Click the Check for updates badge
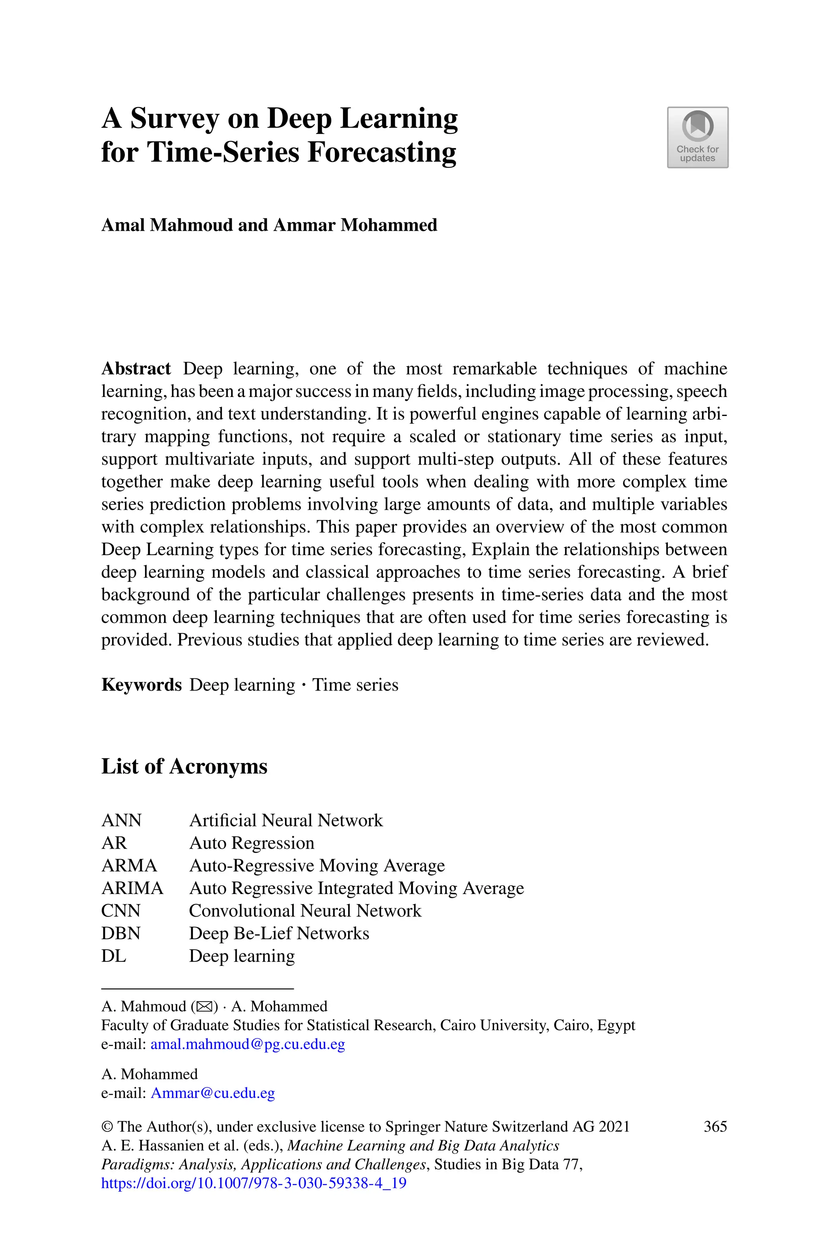pyautogui.click(x=697, y=137)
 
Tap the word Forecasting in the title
pyautogui.click(x=381, y=152)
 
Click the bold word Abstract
pyautogui.click(x=136, y=369)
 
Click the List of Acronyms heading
pyautogui.click(x=184, y=766)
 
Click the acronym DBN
pyautogui.click(x=121, y=933)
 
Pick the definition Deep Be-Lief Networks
pyautogui.click(x=279, y=933)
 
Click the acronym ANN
pyautogui.click(x=121, y=820)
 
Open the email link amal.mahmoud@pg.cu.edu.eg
pyautogui.click(x=248, y=1044)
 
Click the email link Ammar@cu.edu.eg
pyautogui.click(x=213, y=1093)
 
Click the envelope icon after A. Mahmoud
pyautogui.click(x=204, y=1006)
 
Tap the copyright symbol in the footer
pyautogui.click(x=107, y=1127)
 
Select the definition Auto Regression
pyautogui.click(x=251, y=843)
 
